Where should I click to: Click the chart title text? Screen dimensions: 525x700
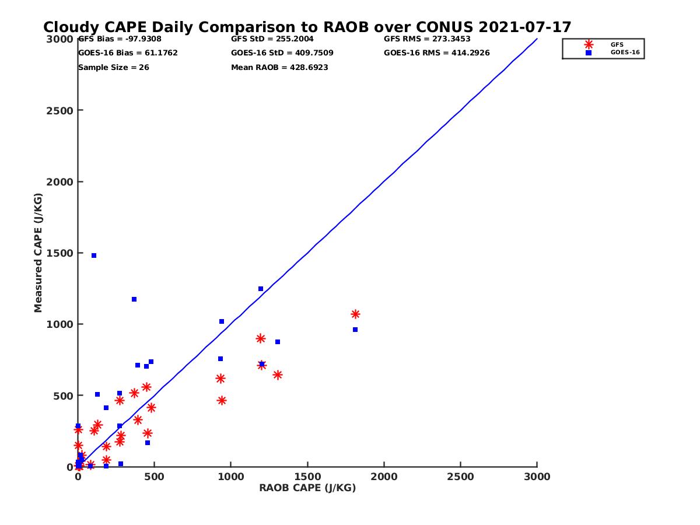click(x=307, y=27)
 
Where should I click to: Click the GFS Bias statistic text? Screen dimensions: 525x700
click(x=120, y=39)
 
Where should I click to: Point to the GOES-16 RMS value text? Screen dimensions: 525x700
click(x=436, y=53)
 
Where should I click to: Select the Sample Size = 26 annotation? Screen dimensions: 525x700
click(x=113, y=67)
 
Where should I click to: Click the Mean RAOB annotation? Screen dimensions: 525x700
click(x=279, y=67)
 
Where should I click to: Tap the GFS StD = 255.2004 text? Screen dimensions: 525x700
click(x=272, y=39)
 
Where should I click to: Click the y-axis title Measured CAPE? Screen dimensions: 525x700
click(x=38, y=253)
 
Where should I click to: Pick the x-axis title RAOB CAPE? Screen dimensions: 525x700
click(x=307, y=488)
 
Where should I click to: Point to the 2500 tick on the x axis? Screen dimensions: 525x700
click(x=461, y=477)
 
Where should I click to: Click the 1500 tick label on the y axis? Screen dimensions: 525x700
click(x=58, y=253)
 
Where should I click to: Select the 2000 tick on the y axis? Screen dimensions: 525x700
click(x=58, y=181)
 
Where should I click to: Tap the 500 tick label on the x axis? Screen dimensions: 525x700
click(x=154, y=477)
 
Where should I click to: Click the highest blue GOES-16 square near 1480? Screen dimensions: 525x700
click(x=94, y=256)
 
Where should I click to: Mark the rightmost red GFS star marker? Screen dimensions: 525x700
click(x=355, y=314)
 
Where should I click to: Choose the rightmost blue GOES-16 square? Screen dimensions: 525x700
click(x=355, y=330)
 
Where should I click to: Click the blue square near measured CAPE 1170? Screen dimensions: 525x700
click(x=134, y=299)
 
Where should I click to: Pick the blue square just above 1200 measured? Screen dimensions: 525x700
click(x=261, y=289)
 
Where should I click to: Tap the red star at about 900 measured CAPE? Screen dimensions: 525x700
click(x=261, y=338)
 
